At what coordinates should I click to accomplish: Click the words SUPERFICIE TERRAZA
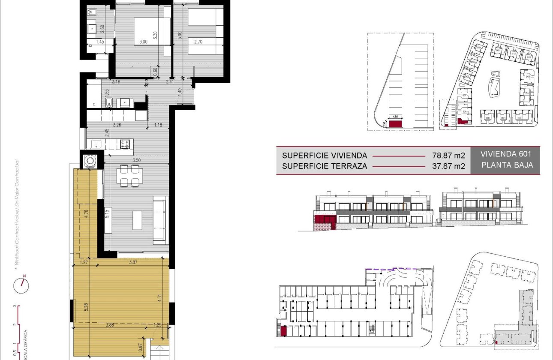[x=325, y=166]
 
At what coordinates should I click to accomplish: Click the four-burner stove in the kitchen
[x=125, y=144]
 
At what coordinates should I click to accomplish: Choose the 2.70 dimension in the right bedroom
[x=198, y=42]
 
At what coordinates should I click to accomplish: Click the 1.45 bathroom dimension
[x=100, y=42]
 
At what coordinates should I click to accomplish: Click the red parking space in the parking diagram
[x=395, y=124]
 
